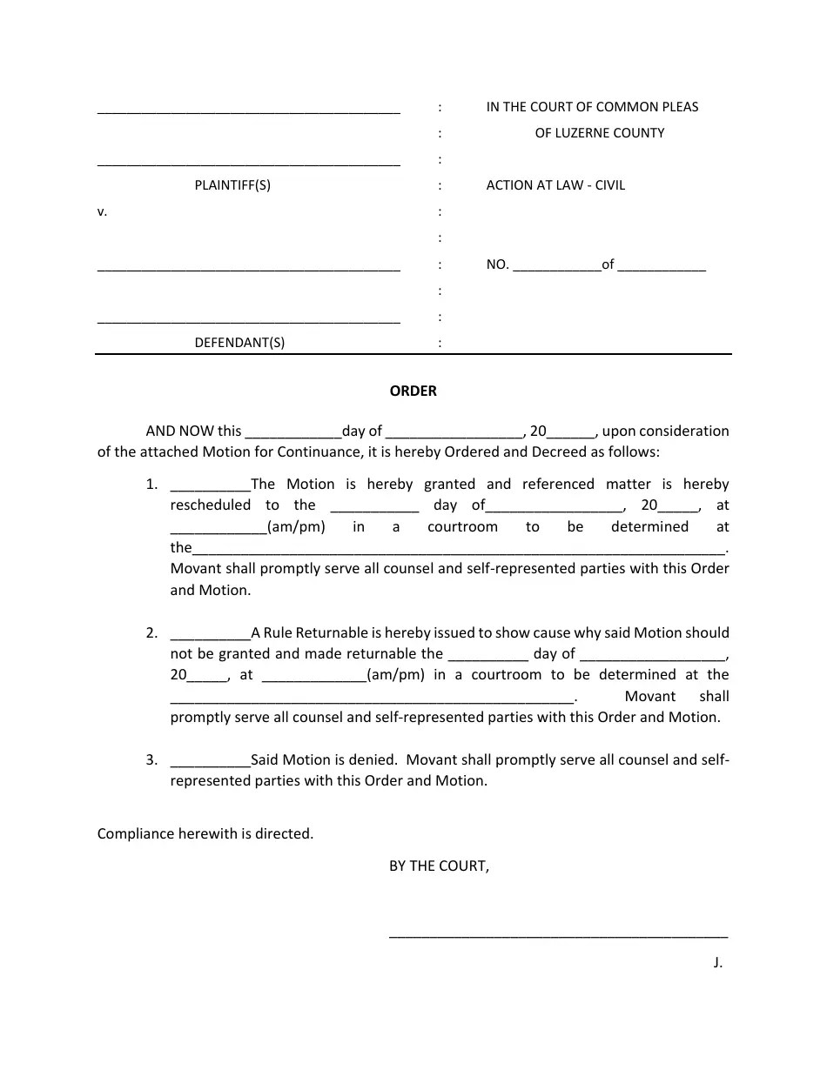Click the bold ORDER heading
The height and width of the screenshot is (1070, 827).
coord(413,391)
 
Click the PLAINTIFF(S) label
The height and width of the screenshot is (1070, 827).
coord(232,185)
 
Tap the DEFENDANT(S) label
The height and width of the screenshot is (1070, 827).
coord(239,343)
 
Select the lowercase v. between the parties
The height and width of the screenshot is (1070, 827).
coord(102,211)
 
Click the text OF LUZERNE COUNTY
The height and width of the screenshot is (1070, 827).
coord(599,133)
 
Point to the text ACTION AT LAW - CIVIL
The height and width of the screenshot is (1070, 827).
coord(555,185)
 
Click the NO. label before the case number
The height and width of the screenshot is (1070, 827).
coord(497,265)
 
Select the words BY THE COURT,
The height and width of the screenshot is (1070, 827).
coord(439,866)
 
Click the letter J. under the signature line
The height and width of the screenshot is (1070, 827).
coord(717,962)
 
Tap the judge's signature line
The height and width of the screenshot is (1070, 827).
coord(558,936)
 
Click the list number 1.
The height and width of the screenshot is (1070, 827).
coord(151,485)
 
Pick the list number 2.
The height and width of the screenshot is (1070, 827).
coord(151,633)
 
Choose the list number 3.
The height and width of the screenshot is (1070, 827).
coord(151,760)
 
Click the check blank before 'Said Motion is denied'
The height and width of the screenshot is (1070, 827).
coord(210,762)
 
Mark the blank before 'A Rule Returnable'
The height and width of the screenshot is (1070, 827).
coord(210,635)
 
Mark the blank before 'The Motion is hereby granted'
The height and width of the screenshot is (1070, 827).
coord(210,486)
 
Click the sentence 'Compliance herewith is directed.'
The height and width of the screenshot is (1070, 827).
coord(205,834)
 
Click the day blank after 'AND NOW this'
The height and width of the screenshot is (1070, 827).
coord(292,432)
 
